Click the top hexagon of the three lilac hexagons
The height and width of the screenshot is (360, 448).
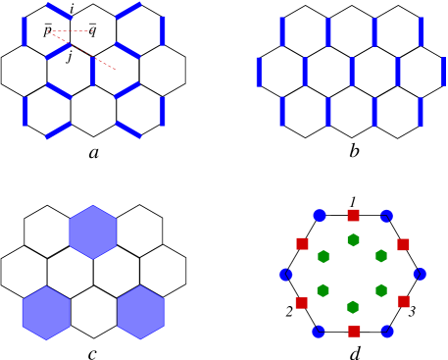(x=93, y=232)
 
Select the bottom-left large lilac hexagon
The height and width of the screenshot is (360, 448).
(x=46, y=313)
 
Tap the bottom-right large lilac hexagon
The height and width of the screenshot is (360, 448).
(x=140, y=313)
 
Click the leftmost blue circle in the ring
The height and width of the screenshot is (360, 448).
(x=286, y=275)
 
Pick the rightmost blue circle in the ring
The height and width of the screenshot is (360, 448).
(x=420, y=275)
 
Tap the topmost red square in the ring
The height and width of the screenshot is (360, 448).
(x=353, y=215)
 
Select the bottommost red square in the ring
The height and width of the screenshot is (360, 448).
(x=354, y=332)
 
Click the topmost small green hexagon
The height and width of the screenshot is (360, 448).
(x=353, y=240)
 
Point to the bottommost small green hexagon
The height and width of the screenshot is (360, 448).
(x=352, y=307)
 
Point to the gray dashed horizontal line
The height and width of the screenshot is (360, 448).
(x=71, y=30)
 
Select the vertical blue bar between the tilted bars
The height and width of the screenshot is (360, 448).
(x=92, y=71)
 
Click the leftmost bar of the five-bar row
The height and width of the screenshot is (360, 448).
(x=259, y=72)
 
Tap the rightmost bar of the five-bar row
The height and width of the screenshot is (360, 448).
(x=443, y=72)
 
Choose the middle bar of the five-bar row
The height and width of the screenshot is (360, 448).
(x=351, y=72)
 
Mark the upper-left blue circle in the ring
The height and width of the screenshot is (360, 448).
(x=320, y=216)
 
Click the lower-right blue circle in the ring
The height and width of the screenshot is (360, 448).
(x=387, y=332)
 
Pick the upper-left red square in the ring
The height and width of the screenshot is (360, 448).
(x=302, y=243)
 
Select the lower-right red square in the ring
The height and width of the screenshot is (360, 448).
(x=403, y=301)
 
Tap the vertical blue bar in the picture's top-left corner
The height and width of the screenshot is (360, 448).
(x=25, y=31)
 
